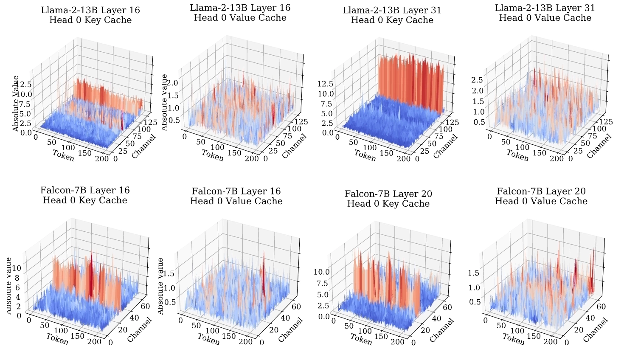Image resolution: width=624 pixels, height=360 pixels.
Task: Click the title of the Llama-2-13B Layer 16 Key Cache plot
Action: [x=90, y=15]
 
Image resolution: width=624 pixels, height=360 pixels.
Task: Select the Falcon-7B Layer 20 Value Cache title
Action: [x=541, y=196]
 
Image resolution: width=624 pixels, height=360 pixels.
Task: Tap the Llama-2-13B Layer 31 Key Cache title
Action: [x=392, y=15]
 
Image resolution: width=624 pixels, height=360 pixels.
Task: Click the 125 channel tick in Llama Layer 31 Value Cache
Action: [x=604, y=121]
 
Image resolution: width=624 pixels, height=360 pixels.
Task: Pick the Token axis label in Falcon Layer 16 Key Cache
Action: [x=57, y=340]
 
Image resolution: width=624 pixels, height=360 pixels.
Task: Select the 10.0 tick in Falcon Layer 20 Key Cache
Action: [x=321, y=272]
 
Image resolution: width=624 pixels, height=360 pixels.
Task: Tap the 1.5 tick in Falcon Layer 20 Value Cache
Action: [x=473, y=273]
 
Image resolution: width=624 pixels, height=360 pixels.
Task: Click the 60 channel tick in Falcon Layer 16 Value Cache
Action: [x=296, y=307]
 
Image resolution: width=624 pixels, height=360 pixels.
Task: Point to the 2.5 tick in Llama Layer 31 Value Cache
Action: [x=478, y=80]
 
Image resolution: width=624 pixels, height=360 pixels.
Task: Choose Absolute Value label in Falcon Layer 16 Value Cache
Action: [x=160, y=286]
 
